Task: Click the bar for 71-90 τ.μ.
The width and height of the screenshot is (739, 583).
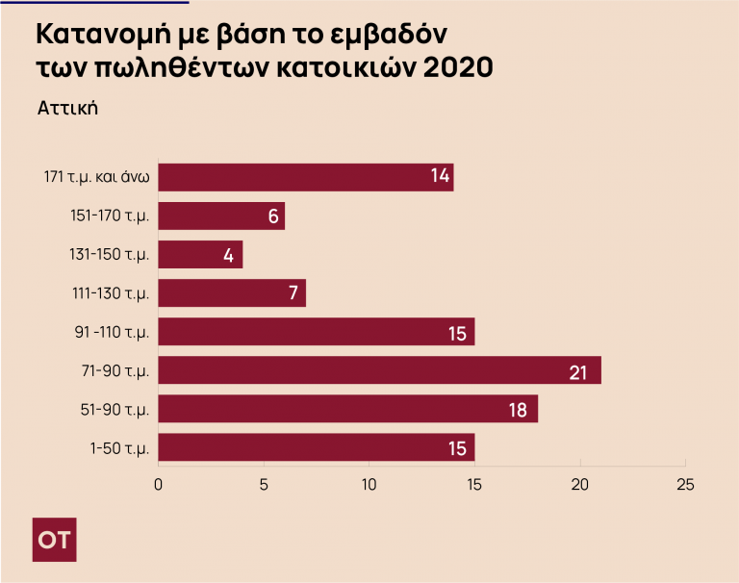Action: point(379,370)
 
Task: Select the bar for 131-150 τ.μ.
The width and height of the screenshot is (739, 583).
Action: point(200,255)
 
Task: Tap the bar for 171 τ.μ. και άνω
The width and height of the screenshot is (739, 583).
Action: point(305,177)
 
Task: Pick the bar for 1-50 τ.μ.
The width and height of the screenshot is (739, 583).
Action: point(316,447)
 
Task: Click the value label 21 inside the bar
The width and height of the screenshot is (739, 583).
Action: point(578,371)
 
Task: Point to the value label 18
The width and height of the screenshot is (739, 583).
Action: point(517,410)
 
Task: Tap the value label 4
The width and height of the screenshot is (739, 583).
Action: point(229,256)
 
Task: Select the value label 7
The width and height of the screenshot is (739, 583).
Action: point(293,294)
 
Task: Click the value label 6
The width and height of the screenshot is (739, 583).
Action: point(272,216)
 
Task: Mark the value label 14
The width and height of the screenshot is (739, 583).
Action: point(440,176)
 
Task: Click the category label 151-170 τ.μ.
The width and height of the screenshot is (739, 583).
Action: point(110,215)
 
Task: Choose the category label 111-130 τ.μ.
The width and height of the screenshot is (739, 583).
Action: point(111,293)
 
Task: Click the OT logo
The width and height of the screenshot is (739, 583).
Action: point(54,540)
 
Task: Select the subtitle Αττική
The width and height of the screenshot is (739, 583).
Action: point(68,107)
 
